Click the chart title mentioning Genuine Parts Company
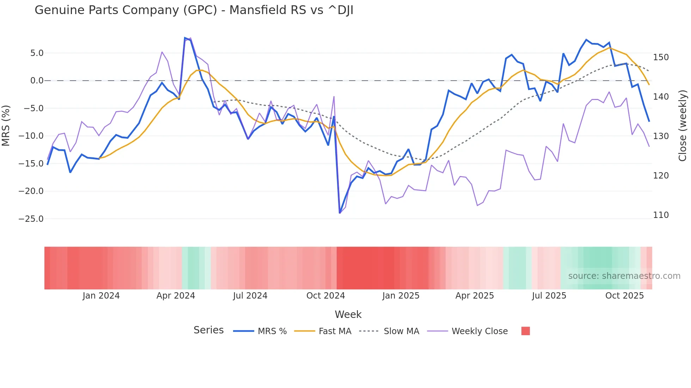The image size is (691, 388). point(194,10)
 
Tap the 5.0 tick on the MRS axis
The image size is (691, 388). point(37,53)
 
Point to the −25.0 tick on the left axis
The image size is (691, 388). point(31,219)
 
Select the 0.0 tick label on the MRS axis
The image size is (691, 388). point(37,81)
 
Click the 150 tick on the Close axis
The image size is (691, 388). point(661,57)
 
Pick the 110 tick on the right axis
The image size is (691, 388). point(661,215)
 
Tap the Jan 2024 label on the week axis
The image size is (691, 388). point(101,296)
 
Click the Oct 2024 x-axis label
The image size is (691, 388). point(325,296)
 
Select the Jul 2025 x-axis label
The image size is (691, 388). point(549,296)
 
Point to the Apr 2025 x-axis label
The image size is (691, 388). point(475,296)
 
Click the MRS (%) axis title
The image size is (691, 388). point(6,126)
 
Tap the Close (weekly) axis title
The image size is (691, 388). point(683,126)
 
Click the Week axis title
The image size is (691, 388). point(348,314)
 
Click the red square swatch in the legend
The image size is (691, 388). point(525,331)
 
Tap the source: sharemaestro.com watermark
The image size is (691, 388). point(624,276)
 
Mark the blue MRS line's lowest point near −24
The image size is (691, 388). point(340,213)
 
